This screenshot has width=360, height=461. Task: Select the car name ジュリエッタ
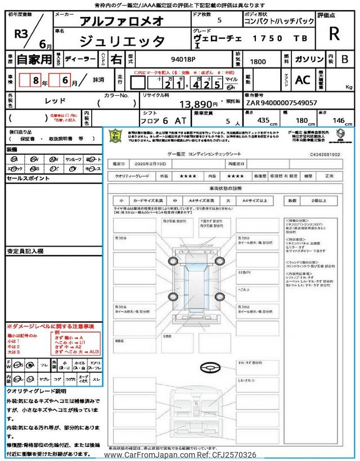click(x=121, y=41)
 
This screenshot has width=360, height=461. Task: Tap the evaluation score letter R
click(x=334, y=33)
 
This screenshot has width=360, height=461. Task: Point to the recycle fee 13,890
click(x=198, y=104)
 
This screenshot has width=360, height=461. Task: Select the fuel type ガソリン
click(x=307, y=59)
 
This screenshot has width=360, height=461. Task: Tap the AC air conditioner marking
click(x=303, y=80)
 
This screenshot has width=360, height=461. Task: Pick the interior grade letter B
click(x=345, y=59)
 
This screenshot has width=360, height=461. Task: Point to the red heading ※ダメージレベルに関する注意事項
click(x=50, y=326)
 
